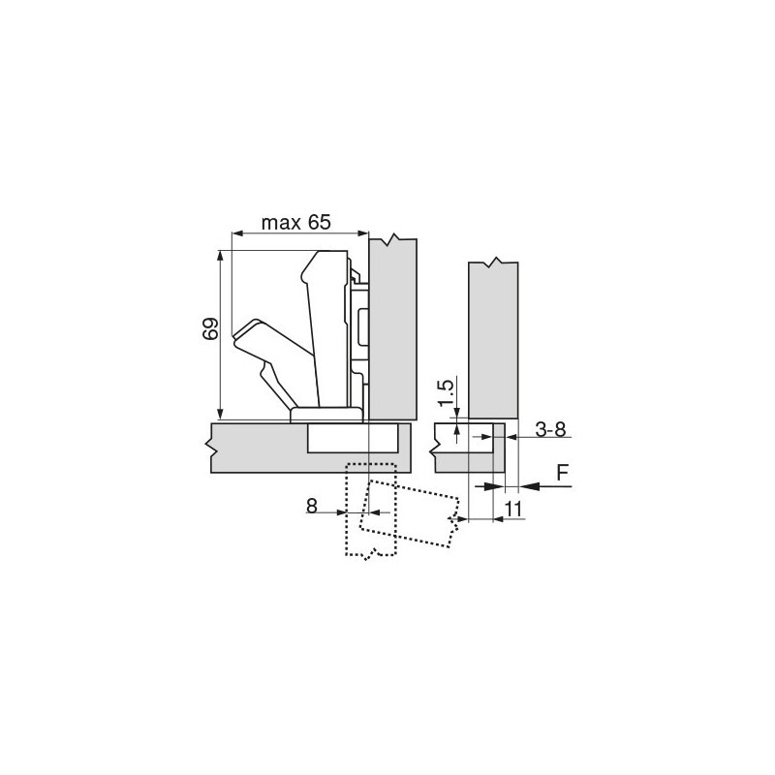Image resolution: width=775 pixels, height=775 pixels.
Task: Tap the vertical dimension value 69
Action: click(210, 329)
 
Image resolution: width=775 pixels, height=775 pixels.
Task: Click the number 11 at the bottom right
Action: click(513, 508)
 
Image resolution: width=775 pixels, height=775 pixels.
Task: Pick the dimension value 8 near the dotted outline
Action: click(311, 504)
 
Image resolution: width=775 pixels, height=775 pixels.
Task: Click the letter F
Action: click(562, 474)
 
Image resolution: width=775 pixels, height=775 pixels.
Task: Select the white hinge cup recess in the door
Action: click(352, 439)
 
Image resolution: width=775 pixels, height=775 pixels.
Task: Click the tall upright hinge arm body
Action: click(327, 329)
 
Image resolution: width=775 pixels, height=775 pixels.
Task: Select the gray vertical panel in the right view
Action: click(493, 339)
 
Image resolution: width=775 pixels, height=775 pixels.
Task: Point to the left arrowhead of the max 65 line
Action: click(233, 233)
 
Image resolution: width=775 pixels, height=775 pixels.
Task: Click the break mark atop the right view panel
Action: click(495, 262)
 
